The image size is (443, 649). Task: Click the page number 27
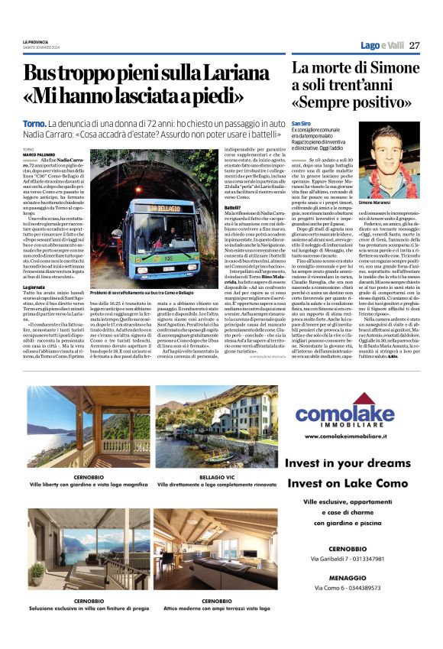pos(414,45)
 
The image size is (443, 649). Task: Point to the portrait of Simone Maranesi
pos(395,160)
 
